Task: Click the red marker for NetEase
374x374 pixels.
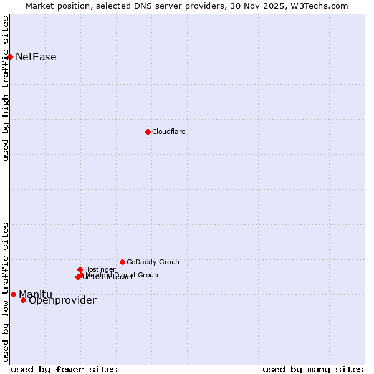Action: coord(10,57)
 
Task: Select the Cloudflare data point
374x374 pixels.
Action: coord(148,132)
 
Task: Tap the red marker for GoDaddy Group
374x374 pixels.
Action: coord(122,262)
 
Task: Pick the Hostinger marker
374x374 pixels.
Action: coord(80,269)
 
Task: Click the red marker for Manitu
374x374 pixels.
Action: coord(13,294)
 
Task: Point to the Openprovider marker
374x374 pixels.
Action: coord(23,300)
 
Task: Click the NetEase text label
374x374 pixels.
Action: coord(36,57)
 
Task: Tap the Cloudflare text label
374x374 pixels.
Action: coord(169,132)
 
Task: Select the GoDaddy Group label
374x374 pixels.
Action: coord(153,262)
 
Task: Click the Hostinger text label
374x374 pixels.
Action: coord(100,269)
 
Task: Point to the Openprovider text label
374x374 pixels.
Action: coord(62,300)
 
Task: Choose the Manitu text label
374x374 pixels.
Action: coord(36,294)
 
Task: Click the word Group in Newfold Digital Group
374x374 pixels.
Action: coord(147,275)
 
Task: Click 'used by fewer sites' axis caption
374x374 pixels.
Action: coord(64,369)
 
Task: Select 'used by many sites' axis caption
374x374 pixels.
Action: coord(313,369)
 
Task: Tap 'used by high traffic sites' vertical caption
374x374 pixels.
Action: coord(6,89)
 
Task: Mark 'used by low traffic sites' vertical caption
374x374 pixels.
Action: coord(6,292)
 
